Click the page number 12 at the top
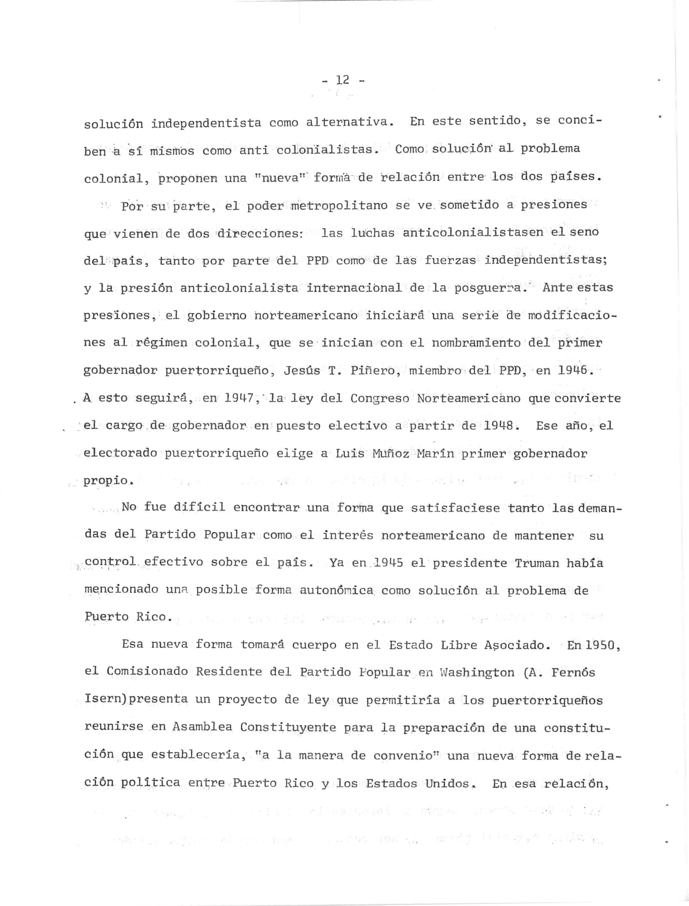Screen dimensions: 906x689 click(x=342, y=80)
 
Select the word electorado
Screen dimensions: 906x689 click(x=120, y=454)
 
